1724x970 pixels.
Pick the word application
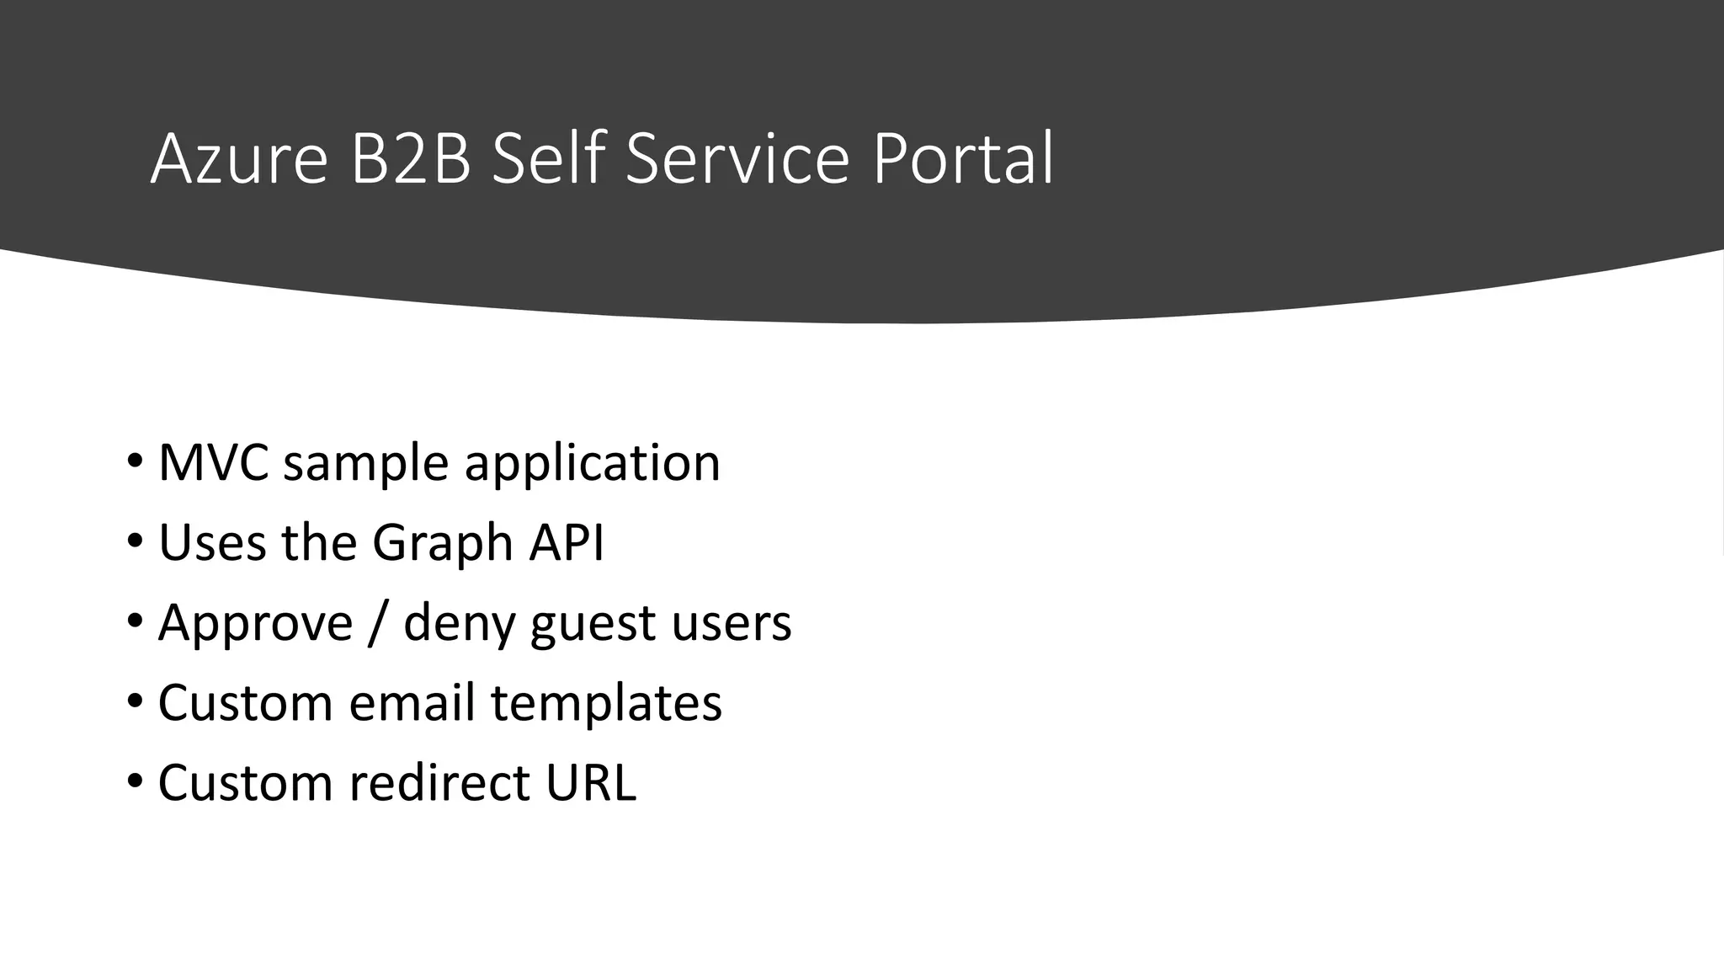[x=592, y=464]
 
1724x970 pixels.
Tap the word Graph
[x=443, y=543]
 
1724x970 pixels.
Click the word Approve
[x=255, y=624]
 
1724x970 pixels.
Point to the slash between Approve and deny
[x=378, y=624]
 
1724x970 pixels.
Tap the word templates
[x=606, y=704]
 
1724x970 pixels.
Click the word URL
[x=590, y=782]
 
